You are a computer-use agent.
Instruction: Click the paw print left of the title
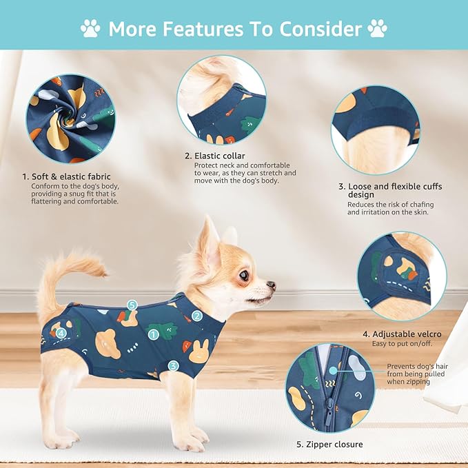90,29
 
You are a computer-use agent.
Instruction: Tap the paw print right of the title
377,29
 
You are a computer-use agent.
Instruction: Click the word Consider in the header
321,29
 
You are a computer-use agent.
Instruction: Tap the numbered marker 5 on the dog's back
132,305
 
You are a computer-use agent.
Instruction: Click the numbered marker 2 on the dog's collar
196,316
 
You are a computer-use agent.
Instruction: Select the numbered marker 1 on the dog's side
154,334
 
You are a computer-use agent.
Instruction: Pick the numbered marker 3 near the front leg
173,365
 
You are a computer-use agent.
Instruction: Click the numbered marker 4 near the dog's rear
61,334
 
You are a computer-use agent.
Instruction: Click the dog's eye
244,275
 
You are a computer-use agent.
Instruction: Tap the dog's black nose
272,285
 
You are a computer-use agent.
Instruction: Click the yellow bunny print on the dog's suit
199,352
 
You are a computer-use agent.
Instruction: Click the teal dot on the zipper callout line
333,371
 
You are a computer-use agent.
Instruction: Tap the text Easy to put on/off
402,344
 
